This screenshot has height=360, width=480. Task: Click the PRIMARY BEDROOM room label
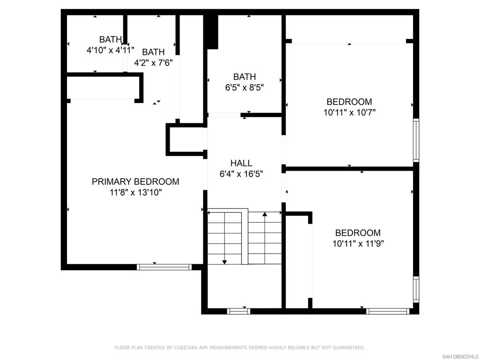click(135, 181)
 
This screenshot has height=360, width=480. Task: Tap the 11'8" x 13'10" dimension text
click(135, 193)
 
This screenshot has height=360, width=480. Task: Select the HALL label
click(241, 163)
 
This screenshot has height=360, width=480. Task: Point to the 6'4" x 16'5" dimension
click(241, 174)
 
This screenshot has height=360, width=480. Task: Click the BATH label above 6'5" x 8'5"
click(244, 76)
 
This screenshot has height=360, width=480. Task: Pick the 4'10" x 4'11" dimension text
click(110, 50)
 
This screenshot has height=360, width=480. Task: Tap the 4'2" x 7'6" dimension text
click(153, 63)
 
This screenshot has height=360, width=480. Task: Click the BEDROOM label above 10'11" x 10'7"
click(349, 102)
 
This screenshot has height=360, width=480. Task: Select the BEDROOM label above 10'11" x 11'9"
click(358, 232)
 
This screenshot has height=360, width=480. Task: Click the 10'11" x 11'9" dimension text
click(358, 244)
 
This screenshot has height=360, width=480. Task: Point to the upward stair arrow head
click(265, 214)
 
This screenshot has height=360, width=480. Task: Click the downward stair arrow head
click(225, 262)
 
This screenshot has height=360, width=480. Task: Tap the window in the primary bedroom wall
click(164, 267)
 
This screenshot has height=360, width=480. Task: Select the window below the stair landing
click(239, 311)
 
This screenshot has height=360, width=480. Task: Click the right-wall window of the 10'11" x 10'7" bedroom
click(416, 140)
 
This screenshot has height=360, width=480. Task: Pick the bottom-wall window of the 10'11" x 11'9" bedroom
click(388, 311)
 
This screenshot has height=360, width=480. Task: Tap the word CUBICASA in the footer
click(185, 347)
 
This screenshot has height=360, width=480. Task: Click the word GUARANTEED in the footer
click(349, 347)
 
